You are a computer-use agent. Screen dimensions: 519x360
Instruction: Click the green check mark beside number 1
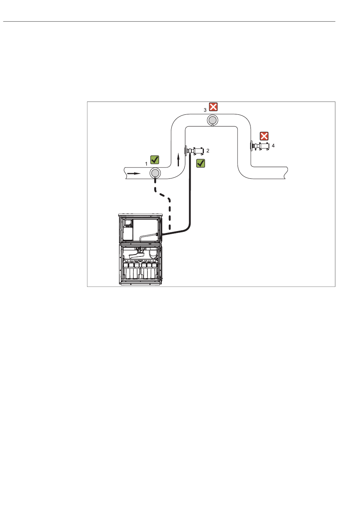155,159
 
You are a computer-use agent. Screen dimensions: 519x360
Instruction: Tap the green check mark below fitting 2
200,163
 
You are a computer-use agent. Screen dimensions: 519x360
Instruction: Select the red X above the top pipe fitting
213,106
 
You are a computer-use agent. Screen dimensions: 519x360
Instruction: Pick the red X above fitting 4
264,136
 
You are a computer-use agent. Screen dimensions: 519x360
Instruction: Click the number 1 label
146,164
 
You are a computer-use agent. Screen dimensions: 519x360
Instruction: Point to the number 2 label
208,151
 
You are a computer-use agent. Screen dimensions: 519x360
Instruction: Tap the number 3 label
205,110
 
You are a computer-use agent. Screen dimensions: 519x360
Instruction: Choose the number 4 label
273,145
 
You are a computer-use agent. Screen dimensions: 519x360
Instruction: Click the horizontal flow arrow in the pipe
134,174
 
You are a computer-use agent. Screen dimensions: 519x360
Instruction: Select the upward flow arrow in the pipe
178,160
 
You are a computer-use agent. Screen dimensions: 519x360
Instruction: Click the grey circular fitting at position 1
155,173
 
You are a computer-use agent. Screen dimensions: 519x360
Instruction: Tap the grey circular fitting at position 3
212,120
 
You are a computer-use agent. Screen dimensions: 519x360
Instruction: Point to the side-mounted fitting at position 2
195,151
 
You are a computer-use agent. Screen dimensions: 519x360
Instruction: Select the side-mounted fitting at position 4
261,146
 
